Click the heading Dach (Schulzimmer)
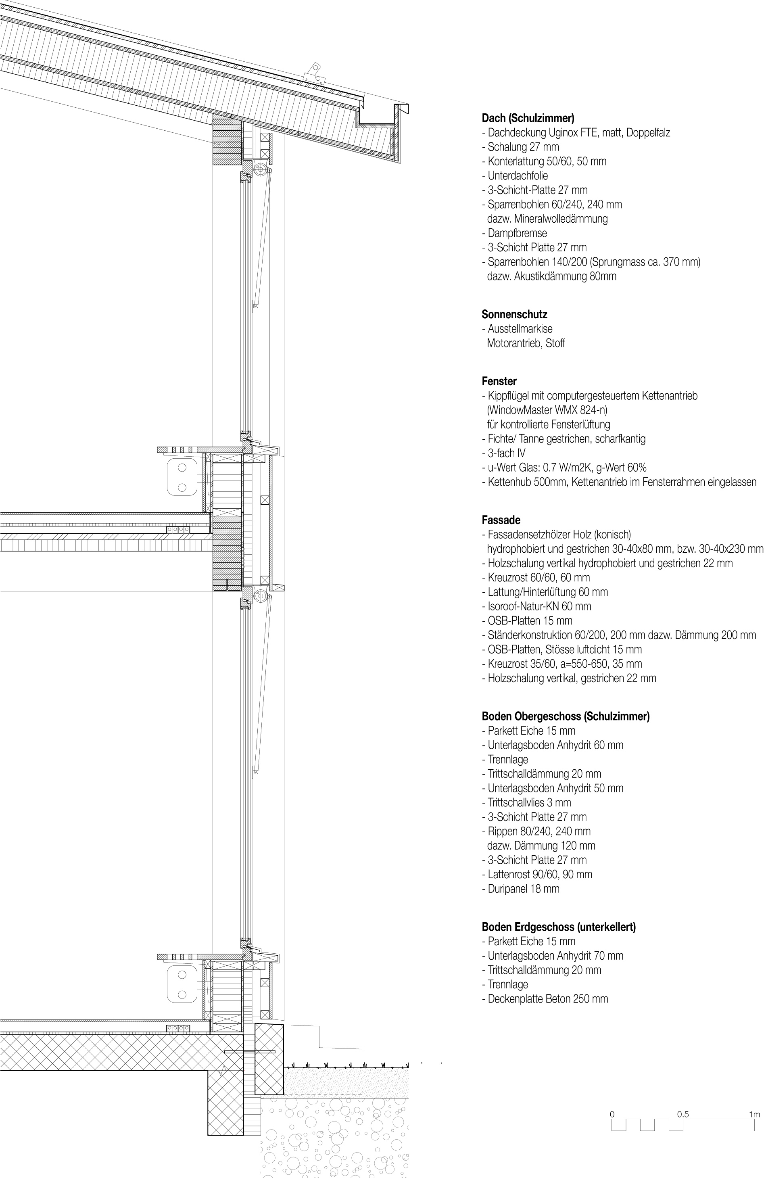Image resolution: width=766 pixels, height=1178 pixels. [x=528, y=118]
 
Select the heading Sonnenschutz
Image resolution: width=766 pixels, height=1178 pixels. [x=514, y=314]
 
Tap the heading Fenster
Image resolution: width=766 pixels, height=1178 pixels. [x=499, y=381]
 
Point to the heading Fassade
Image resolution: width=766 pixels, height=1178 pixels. [x=501, y=520]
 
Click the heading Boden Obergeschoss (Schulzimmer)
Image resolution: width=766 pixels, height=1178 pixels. [x=565, y=716]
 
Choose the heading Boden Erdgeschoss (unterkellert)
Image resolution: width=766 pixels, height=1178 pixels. [x=558, y=927]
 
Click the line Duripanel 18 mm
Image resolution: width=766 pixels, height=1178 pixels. [x=523, y=888]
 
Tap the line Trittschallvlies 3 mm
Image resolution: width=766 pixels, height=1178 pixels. [x=529, y=802]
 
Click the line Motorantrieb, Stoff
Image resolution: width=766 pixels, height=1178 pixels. [x=526, y=343]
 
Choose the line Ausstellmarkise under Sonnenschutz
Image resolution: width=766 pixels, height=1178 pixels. [x=520, y=329]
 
